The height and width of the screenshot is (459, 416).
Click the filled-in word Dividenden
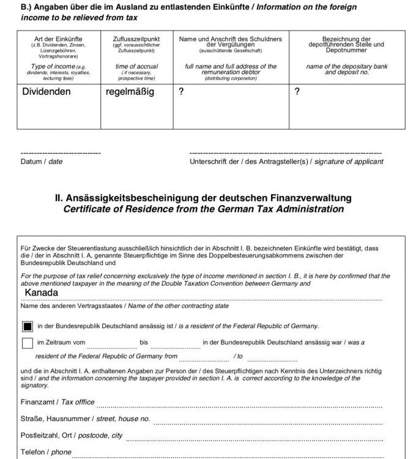46,92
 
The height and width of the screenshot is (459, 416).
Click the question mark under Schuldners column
180,92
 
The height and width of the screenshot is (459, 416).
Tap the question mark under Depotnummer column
297,92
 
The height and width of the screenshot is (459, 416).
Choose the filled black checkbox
28,326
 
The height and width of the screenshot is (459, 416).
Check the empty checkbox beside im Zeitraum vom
28,343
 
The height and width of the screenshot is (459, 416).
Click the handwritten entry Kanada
42,293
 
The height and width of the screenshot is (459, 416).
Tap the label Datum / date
42,162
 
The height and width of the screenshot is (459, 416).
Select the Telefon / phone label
46,452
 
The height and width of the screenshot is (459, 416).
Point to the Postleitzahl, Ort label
71,435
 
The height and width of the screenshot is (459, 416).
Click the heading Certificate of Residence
203,209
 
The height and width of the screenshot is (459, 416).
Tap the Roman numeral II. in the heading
59,198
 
